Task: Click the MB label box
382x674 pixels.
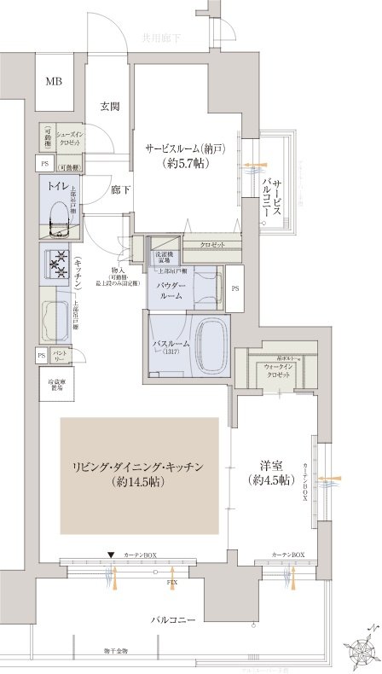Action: tap(55, 82)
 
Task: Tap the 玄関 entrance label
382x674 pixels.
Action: tap(109, 107)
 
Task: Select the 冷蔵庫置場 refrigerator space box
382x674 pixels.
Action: tap(54, 384)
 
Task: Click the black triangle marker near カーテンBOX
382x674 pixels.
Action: tap(110, 555)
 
